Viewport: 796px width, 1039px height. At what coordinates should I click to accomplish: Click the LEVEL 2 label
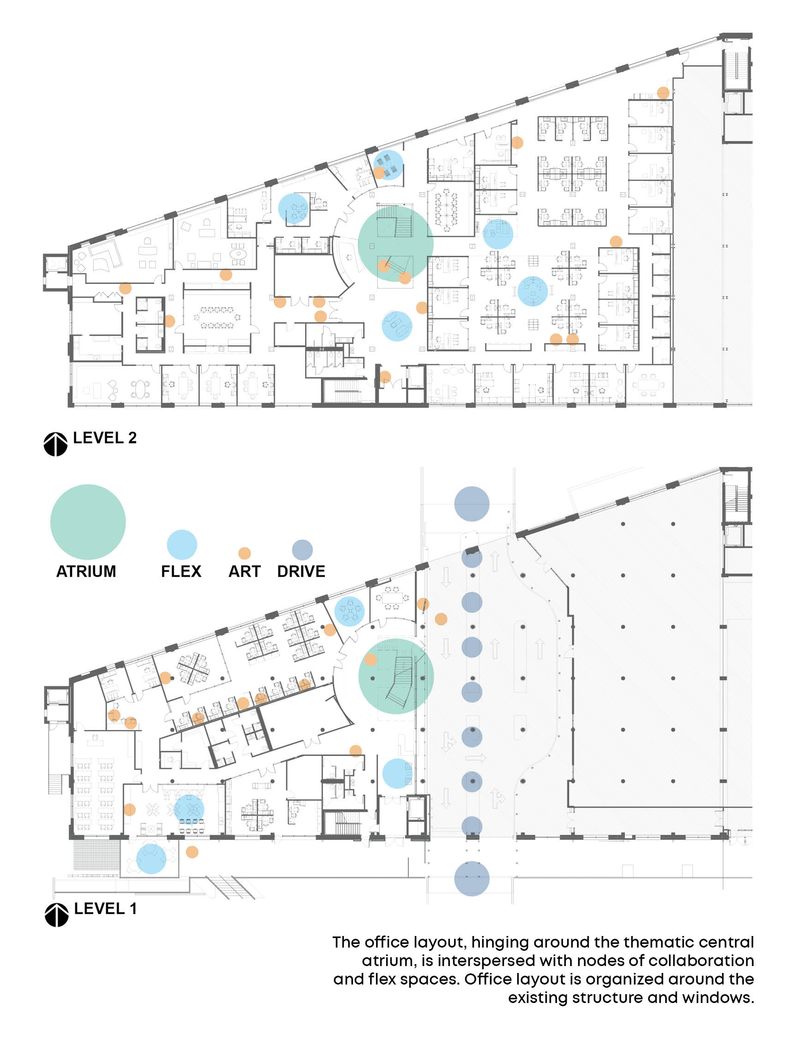(x=105, y=438)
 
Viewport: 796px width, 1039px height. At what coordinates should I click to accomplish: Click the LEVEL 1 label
(x=105, y=909)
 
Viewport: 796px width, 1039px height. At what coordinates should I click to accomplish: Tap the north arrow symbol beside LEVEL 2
(x=55, y=444)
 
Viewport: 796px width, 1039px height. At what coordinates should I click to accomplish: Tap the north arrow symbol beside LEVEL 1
(x=56, y=915)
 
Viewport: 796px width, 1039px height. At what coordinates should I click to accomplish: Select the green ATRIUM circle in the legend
(x=88, y=522)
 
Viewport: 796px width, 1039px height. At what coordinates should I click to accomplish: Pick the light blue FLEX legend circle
(x=182, y=544)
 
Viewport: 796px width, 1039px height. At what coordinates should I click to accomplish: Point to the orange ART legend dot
(x=245, y=553)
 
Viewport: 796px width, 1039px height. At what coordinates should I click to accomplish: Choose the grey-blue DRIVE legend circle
(x=302, y=550)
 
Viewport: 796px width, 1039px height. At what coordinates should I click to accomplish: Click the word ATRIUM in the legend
(x=86, y=571)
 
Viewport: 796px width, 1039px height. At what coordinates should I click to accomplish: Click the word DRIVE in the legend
(x=301, y=571)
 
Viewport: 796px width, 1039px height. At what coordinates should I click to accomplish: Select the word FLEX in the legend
(x=181, y=571)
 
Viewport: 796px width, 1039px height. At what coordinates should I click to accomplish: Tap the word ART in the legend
(x=245, y=571)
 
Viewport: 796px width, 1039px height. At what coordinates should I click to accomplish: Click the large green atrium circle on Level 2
(x=395, y=243)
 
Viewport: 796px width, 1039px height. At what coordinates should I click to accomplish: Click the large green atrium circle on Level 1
(x=395, y=676)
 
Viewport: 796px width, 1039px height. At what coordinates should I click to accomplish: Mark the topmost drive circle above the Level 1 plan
(x=472, y=504)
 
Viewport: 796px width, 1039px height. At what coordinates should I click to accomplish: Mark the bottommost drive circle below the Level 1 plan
(x=472, y=878)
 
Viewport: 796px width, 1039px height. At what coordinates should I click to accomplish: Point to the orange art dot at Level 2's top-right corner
(x=664, y=92)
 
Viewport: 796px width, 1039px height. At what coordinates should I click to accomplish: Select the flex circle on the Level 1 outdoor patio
(x=151, y=858)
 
